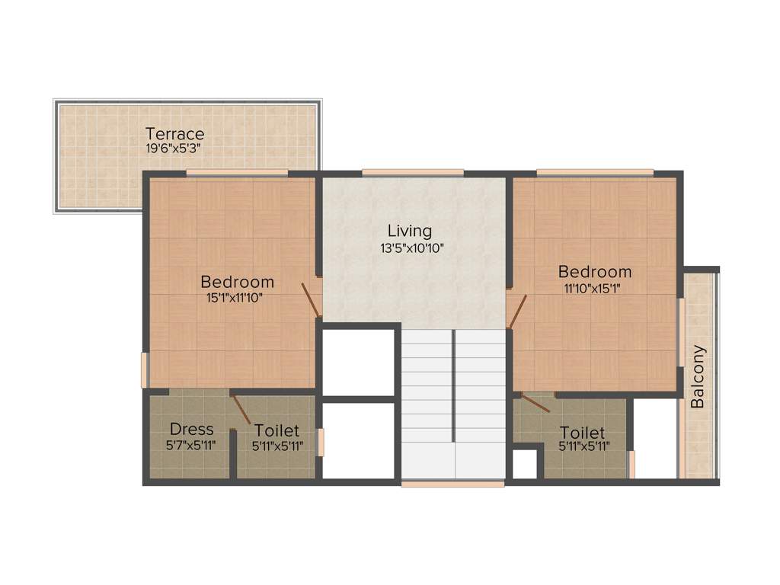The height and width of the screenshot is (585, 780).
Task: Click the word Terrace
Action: [175, 134]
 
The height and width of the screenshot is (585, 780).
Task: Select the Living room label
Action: [409, 231]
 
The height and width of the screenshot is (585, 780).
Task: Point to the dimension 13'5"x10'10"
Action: [411, 248]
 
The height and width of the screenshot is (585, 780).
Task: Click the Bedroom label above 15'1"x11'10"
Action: [237, 281]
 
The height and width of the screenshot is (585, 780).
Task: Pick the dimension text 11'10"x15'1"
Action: [595, 289]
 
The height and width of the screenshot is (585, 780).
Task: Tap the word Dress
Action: [191, 429]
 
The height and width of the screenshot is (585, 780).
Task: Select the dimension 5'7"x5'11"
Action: [191, 446]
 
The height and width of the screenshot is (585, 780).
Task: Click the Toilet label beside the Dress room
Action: [277, 431]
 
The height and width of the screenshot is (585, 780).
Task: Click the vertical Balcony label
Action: [698, 377]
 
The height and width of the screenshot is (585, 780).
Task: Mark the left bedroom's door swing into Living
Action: [311, 299]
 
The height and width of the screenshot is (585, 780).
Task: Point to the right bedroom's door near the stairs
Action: [517, 311]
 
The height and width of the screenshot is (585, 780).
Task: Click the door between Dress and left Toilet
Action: [241, 409]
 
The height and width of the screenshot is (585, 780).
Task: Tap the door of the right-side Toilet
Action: [535, 403]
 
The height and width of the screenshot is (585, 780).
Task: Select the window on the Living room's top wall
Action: [412, 172]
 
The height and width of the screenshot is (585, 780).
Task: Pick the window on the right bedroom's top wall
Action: [594, 172]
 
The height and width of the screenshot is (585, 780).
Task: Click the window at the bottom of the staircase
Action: [452, 483]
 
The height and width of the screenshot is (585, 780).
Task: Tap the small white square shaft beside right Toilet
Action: [524, 464]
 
